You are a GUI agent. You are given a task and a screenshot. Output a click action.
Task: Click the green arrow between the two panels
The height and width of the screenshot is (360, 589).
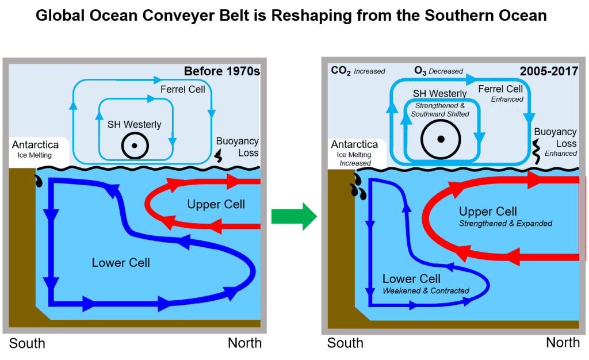click(x=293, y=215)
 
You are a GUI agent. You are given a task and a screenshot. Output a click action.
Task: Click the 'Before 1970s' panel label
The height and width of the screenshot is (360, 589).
click(x=221, y=72)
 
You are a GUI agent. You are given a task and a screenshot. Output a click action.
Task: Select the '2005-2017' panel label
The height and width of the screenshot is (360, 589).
click(x=550, y=72)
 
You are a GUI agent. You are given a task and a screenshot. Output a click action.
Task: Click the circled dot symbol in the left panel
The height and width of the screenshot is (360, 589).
click(x=134, y=145)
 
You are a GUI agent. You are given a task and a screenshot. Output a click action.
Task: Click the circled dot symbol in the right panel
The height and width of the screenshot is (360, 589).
click(x=441, y=139)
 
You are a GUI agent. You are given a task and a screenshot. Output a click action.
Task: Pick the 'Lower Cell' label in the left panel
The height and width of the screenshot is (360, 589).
click(x=121, y=263)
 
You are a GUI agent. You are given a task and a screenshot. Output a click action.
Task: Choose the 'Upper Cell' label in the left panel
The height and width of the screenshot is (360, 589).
click(x=216, y=204)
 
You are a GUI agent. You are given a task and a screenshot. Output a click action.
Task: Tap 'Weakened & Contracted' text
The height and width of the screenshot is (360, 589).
click(x=426, y=291)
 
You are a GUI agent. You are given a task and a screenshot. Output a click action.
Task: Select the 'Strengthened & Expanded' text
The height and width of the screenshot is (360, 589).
click(x=506, y=223)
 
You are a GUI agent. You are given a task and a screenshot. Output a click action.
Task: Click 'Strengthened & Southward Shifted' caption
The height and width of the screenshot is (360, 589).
click(x=440, y=109)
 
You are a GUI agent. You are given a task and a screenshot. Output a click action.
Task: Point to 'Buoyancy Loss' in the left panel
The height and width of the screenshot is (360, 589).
click(x=237, y=147)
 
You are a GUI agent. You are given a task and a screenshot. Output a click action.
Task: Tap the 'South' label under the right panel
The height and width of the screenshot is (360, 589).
click(x=345, y=343)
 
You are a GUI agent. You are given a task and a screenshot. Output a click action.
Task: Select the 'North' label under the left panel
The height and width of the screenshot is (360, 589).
click(x=244, y=343)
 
